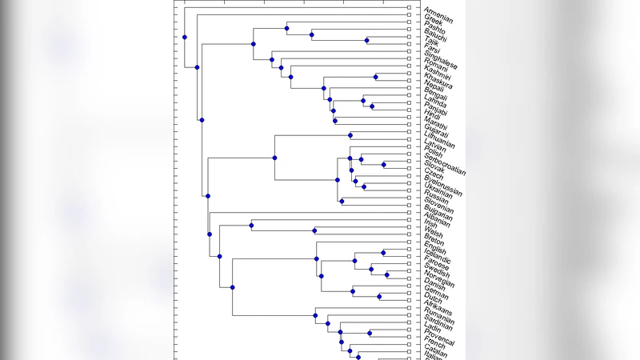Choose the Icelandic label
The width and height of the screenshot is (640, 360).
[438, 256]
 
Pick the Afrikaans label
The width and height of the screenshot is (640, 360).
[438, 309]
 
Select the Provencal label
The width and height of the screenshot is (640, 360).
[439, 340]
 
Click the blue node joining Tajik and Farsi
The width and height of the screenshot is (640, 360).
[367, 40]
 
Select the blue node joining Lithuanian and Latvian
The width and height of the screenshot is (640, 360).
[350, 135]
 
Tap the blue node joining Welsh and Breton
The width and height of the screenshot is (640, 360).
[315, 231]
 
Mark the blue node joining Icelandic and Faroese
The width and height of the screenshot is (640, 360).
[383, 252]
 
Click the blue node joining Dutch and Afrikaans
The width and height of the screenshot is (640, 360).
[379, 297]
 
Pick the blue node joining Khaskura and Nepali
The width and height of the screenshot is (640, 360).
[376, 77]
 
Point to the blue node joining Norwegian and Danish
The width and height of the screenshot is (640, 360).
[387, 274]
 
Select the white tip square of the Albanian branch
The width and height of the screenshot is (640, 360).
[409, 214]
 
